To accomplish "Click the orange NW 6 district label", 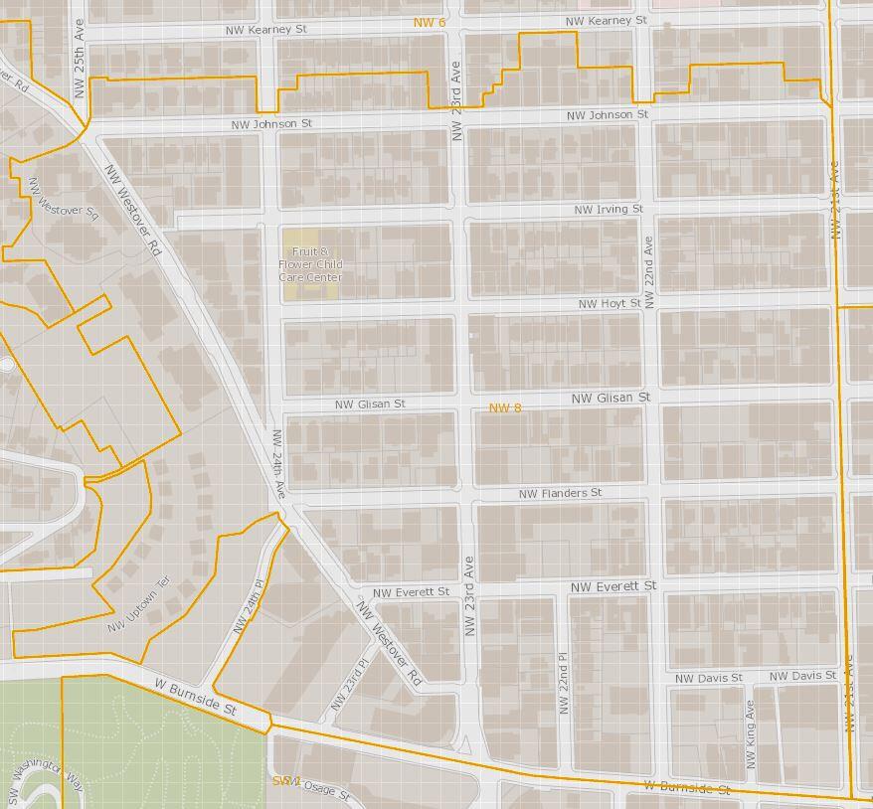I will [x=430, y=22].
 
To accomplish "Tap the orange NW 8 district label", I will [x=505, y=407].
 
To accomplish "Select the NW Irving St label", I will [x=609, y=209].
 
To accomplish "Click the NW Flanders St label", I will [x=560, y=493].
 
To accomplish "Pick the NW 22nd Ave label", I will [x=648, y=271].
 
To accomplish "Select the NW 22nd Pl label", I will [x=564, y=687].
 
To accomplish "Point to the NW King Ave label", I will [x=751, y=733].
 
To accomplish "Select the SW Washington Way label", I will [x=46, y=778].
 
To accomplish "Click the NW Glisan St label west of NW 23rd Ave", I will [x=370, y=404].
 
